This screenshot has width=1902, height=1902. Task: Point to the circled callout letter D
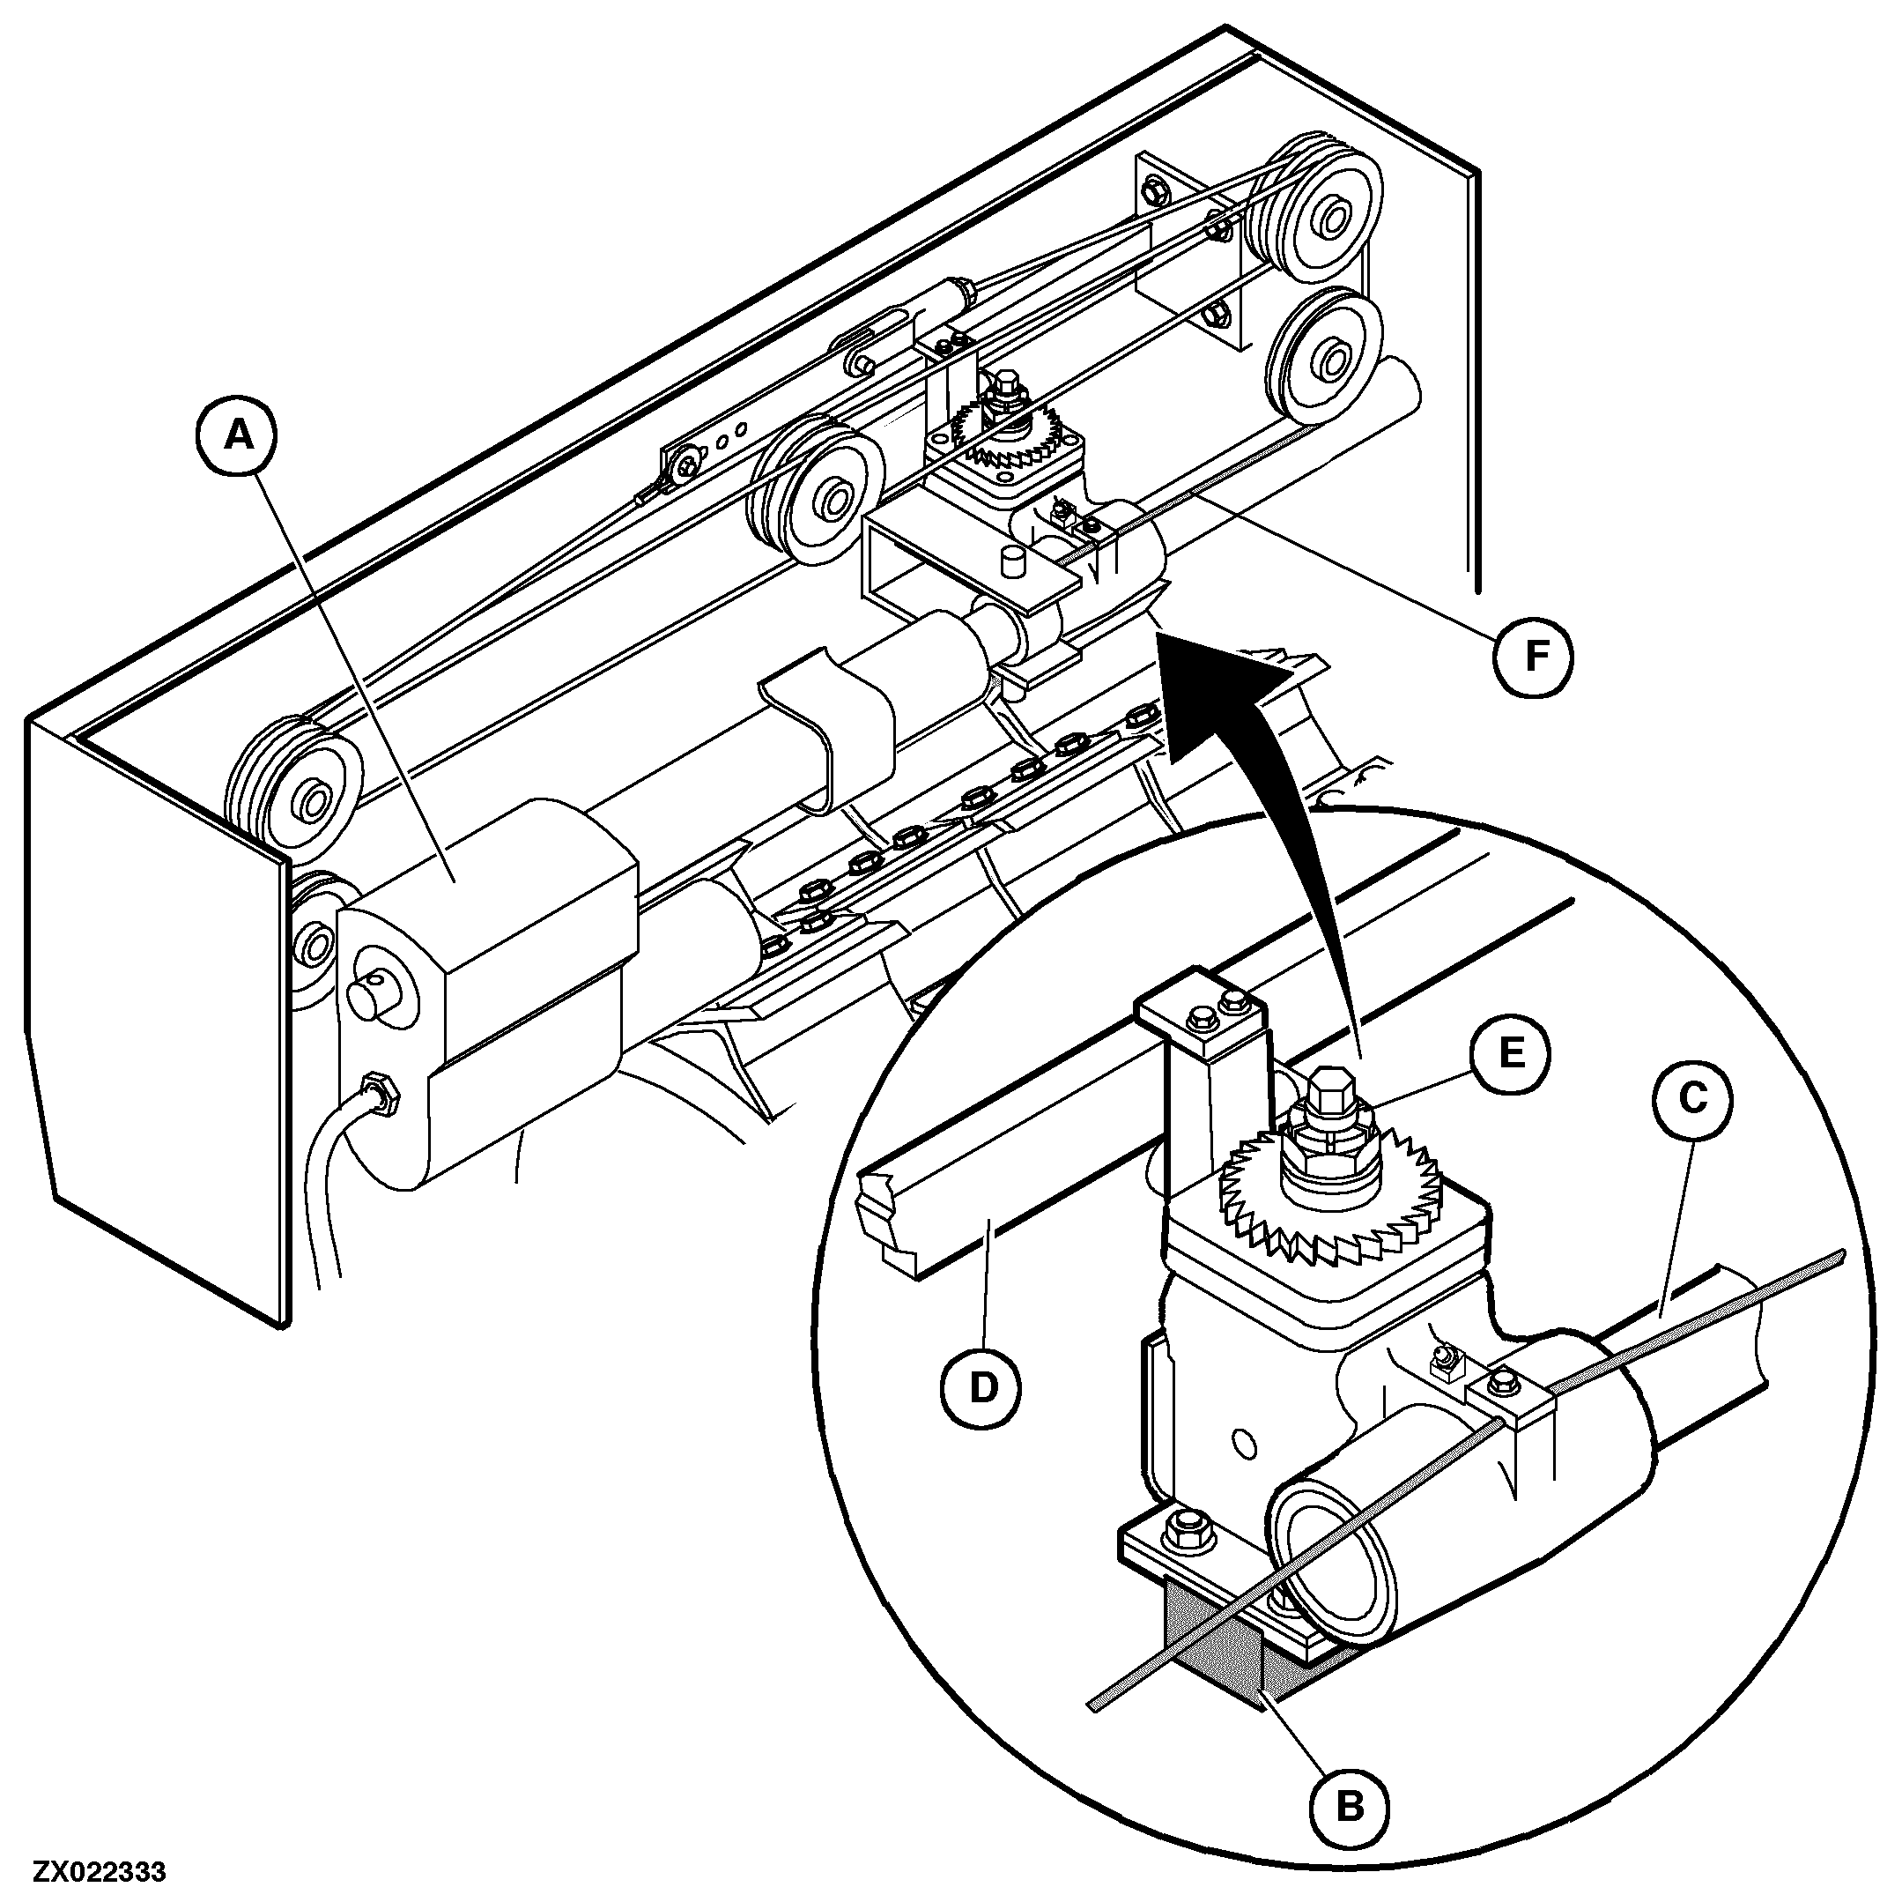pos(981,1388)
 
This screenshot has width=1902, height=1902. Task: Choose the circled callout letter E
pos(1511,1054)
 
